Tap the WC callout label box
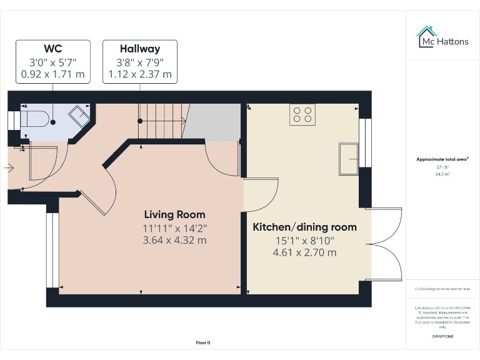[52, 62]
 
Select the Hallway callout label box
[139, 62]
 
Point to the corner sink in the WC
[80, 116]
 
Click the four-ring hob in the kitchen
[302, 114]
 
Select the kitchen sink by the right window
[349, 159]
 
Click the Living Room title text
[174, 214]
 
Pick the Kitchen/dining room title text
[304, 227]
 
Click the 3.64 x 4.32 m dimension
[174, 240]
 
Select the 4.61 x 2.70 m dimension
[304, 252]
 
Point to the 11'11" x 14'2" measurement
[174, 228]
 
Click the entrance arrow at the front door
[9, 167]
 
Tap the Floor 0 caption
[203, 342]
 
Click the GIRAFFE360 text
[442, 337]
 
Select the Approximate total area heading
[442, 160]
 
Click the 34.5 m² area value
[442, 174]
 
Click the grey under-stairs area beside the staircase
[212, 122]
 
